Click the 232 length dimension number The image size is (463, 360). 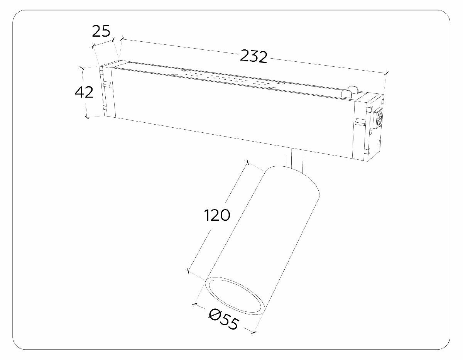coord(253,56)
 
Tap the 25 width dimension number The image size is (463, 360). coord(101,31)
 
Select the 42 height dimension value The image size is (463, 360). coord(84,92)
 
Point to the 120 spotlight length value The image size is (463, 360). coord(217,215)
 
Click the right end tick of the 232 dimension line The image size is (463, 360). coord(386,73)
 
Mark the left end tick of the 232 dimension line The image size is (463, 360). coord(122,39)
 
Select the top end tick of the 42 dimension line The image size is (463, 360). coord(82,68)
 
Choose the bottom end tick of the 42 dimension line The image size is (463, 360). coord(87,117)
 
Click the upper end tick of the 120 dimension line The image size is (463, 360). coord(247,162)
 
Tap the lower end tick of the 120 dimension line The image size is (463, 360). coord(188,271)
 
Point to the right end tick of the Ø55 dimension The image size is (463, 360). coord(254,331)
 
